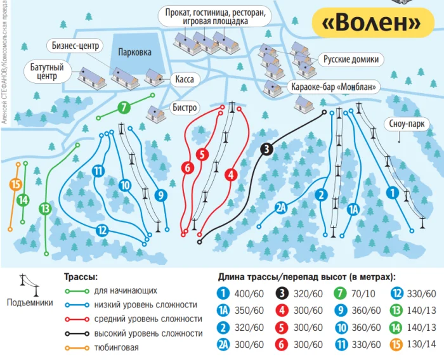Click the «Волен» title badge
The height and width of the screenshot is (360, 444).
pyautogui.click(x=373, y=22)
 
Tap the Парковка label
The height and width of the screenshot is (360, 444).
pyautogui.click(x=134, y=53)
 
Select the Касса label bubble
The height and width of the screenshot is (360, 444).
pyautogui.click(x=185, y=79)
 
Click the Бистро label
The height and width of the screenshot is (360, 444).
pyautogui.click(x=185, y=108)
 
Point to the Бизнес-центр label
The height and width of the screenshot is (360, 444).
pyautogui.click(x=75, y=46)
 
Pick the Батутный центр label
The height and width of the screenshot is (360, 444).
pyautogui.click(x=47, y=72)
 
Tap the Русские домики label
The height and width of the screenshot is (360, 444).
pyautogui.click(x=351, y=60)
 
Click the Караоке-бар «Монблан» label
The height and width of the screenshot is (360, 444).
pyautogui.click(x=334, y=87)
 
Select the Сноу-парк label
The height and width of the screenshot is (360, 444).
pyautogui.click(x=407, y=124)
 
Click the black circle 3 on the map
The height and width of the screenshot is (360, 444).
pyautogui.click(x=266, y=149)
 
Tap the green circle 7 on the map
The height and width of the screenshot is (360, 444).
pyautogui.click(x=124, y=107)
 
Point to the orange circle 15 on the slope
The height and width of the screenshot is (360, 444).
pyautogui.click(x=16, y=184)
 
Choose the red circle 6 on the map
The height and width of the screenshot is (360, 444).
pyautogui.click(x=188, y=168)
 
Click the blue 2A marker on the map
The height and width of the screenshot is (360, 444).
pyautogui.click(x=281, y=209)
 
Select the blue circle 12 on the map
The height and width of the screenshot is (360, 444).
pyautogui.click(x=102, y=230)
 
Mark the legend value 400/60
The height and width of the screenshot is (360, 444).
pyautogui.click(x=249, y=294)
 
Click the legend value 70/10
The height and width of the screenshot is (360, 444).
pyautogui.click(x=363, y=294)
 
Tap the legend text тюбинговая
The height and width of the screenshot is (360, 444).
pyautogui.click(x=116, y=347)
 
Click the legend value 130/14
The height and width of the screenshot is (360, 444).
pyautogui.click(x=421, y=344)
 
